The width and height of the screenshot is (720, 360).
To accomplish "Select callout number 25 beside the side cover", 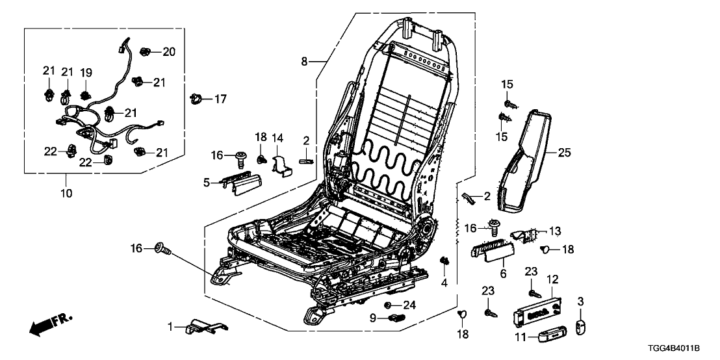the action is (564, 153).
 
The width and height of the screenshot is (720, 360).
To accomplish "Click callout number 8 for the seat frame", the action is (304, 62).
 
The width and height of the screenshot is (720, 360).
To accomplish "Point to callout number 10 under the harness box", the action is (66, 193).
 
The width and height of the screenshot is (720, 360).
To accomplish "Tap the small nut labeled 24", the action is (388, 305).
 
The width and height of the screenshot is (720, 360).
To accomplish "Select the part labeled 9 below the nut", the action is (397, 317).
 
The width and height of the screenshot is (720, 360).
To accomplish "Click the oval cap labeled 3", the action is (581, 328).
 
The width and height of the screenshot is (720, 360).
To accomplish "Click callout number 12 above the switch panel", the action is (552, 279).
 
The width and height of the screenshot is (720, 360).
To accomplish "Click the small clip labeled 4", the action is (444, 262).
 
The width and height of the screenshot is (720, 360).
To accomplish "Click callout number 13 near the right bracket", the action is (556, 231).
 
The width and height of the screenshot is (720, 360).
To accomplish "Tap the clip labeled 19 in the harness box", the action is (85, 96).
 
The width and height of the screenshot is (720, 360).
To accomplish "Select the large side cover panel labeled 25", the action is (524, 161).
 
